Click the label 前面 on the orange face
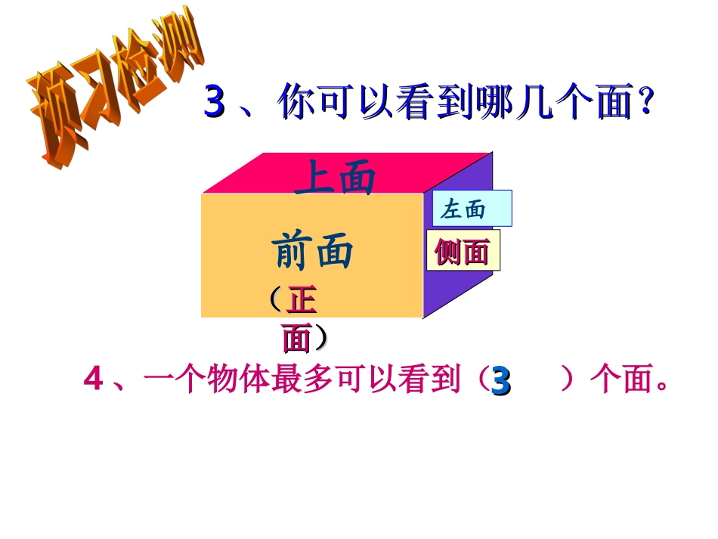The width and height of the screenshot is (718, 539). [312, 251]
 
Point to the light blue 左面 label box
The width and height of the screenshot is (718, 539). [472, 209]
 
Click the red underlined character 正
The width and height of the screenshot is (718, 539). [301, 301]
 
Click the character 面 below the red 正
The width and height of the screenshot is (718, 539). [298, 339]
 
